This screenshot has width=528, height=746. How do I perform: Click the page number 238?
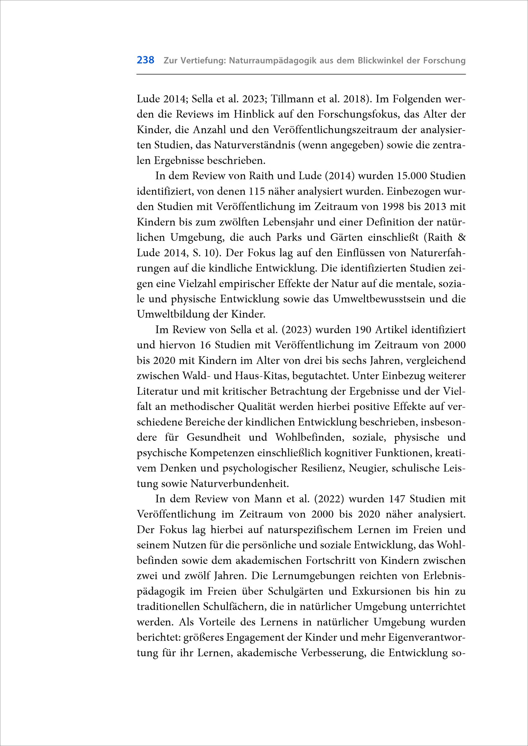point(145,60)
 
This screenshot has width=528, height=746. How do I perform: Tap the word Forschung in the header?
point(444,61)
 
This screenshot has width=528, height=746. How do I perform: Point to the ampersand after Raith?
point(461,237)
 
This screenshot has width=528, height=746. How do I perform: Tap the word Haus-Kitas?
point(262,376)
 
